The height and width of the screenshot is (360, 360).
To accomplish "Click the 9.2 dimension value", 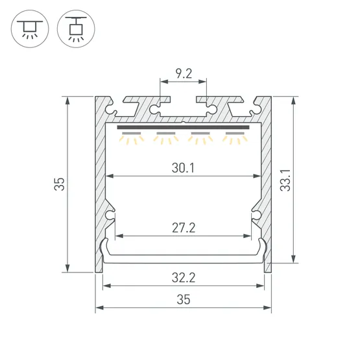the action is coord(184,74).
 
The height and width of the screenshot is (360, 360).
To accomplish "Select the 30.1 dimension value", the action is coord(183,168).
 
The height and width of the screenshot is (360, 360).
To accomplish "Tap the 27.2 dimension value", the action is coord(184,228).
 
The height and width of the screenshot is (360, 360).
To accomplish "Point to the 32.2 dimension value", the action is coord(184,278).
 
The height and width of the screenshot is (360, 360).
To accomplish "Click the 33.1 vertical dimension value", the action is coord(285,180).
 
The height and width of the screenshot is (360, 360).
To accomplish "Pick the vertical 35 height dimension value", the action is coord(60,184).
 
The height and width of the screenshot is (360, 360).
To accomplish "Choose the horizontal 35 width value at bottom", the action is coord(184,300).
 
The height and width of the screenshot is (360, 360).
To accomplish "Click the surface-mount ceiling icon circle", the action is coord(30,29).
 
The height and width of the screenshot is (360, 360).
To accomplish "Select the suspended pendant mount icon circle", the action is coord(76,29).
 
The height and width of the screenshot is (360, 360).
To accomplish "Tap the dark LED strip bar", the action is coord(183,127).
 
